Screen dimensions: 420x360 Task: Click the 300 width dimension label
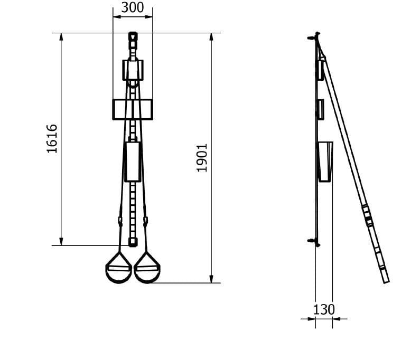tap(133, 7)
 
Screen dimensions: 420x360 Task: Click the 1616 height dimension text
tap(52, 139)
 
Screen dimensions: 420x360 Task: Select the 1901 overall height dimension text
tap(202, 158)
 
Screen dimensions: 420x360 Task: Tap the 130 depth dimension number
tap(324, 309)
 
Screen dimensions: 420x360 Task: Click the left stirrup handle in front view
tap(119, 268)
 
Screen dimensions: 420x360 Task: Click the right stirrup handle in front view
tap(147, 268)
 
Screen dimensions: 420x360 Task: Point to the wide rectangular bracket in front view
tap(133, 109)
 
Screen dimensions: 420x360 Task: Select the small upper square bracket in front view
tap(133, 70)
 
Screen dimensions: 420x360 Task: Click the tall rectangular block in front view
tap(133, 162)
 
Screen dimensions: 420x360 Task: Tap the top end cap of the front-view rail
tap(133, 36)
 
